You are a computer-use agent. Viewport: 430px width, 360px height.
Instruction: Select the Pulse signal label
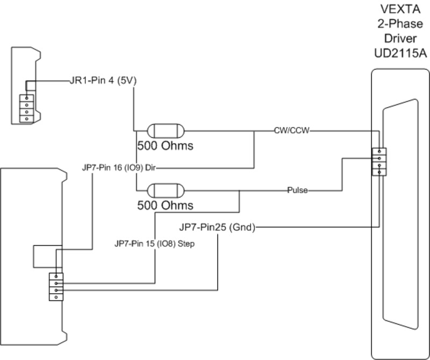pyautogui.click(x=297, y=190)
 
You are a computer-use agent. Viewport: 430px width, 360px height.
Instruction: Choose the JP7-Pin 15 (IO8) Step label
pyautogui.click(x=154, y=243)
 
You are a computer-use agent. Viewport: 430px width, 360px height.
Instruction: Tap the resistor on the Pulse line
pyautogui.click(x=166, y=190)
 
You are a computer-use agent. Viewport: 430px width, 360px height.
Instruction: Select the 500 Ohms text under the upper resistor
pyautogui.click(x=165, y=146)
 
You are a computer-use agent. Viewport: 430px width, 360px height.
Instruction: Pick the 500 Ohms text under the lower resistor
pyautogui.click(x=165, y=206)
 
